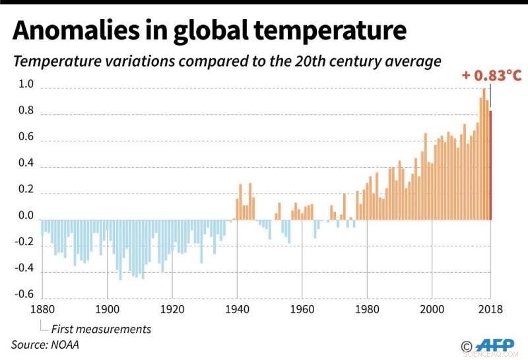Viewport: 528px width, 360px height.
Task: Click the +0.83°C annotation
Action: pos(491,75)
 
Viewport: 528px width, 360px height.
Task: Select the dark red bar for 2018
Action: pos(490,165)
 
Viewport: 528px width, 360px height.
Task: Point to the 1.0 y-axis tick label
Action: pos(26,84)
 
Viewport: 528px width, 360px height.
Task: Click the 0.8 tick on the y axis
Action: pos(26,110)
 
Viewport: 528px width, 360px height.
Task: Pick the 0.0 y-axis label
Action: pos(26,215)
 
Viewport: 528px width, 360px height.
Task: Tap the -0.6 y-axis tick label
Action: pos(24,295)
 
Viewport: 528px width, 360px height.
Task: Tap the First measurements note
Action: pos(101,329)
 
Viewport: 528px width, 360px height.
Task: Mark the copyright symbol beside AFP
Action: pos(467,346)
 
